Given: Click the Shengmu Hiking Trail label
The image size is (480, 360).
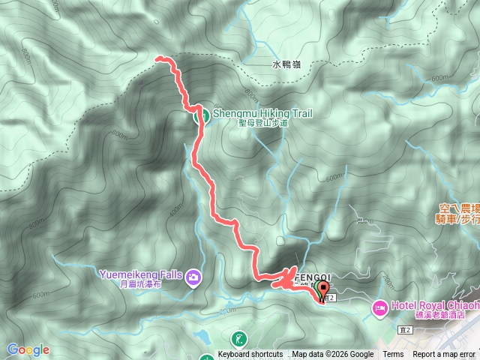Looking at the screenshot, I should click(x=262, y=113).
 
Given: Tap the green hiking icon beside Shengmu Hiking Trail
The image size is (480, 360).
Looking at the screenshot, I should click(x=202, y=115).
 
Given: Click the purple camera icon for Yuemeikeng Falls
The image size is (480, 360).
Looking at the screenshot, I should click(x=195, y=277).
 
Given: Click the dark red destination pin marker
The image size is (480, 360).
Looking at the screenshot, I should click(x=324, y=291).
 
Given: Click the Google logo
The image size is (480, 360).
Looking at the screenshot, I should click(x=28, y=349).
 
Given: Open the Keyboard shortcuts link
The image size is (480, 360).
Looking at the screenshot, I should click(x=250, y=355).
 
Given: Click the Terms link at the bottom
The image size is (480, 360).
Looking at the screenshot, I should click(x=393, y=355).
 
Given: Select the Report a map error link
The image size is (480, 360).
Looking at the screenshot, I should click(x=445, y=355).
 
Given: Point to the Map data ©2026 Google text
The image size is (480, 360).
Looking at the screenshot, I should click(x=333, y=355).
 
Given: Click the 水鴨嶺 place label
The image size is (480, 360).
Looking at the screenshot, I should click(x=286, y=65).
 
